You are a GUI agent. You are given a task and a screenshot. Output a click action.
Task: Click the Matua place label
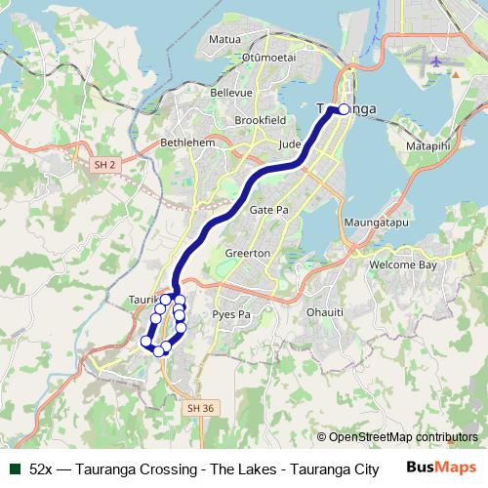coord(225,40)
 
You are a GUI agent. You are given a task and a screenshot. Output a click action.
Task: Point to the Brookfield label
coord(260,120)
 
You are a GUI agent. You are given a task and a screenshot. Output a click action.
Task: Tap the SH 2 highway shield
coord(104,166)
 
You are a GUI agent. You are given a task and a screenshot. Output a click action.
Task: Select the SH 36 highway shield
coord(198,406)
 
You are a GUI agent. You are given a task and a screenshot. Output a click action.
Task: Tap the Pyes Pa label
coord(232,314)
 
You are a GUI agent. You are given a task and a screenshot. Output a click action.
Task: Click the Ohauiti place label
coord(325,313)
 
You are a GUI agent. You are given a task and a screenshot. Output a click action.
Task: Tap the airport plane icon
coord(434,61)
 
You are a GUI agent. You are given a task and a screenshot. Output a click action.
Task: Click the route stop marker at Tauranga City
coord(343,109)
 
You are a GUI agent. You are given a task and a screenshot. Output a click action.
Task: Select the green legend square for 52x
coord(15,468)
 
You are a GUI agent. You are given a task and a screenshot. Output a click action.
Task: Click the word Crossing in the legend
coord(165,468)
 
